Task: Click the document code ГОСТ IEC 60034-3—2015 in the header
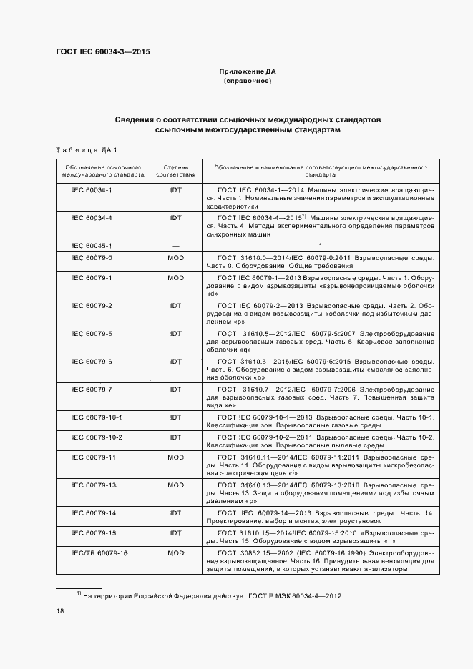(x=103, y=51)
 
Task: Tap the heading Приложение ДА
(x=247, y=72)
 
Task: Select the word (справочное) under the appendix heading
(x=247, y=81)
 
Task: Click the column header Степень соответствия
(x=175, y=170)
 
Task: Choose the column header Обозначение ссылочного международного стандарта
(x=102, y=170)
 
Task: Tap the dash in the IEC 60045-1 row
(x=175, y=245)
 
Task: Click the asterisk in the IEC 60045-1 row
(x=320, y=245)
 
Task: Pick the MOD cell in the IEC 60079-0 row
(x=175, y=257)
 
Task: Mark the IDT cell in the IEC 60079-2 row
(x=175, y=305)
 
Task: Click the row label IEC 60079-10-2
(x=97, y=437)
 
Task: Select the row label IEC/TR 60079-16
(x=99, y=553)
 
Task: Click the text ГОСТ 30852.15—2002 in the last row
(x=250, y=553)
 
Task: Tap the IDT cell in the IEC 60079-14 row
(x=175, y=513)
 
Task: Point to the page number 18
(x=60, y=611)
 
